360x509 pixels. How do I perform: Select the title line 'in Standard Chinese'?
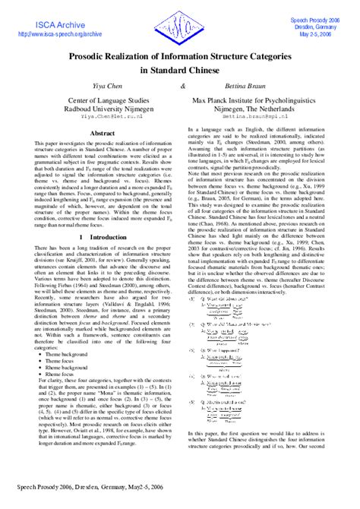click(179, 69)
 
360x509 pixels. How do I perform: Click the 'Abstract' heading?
click(103, 133)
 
